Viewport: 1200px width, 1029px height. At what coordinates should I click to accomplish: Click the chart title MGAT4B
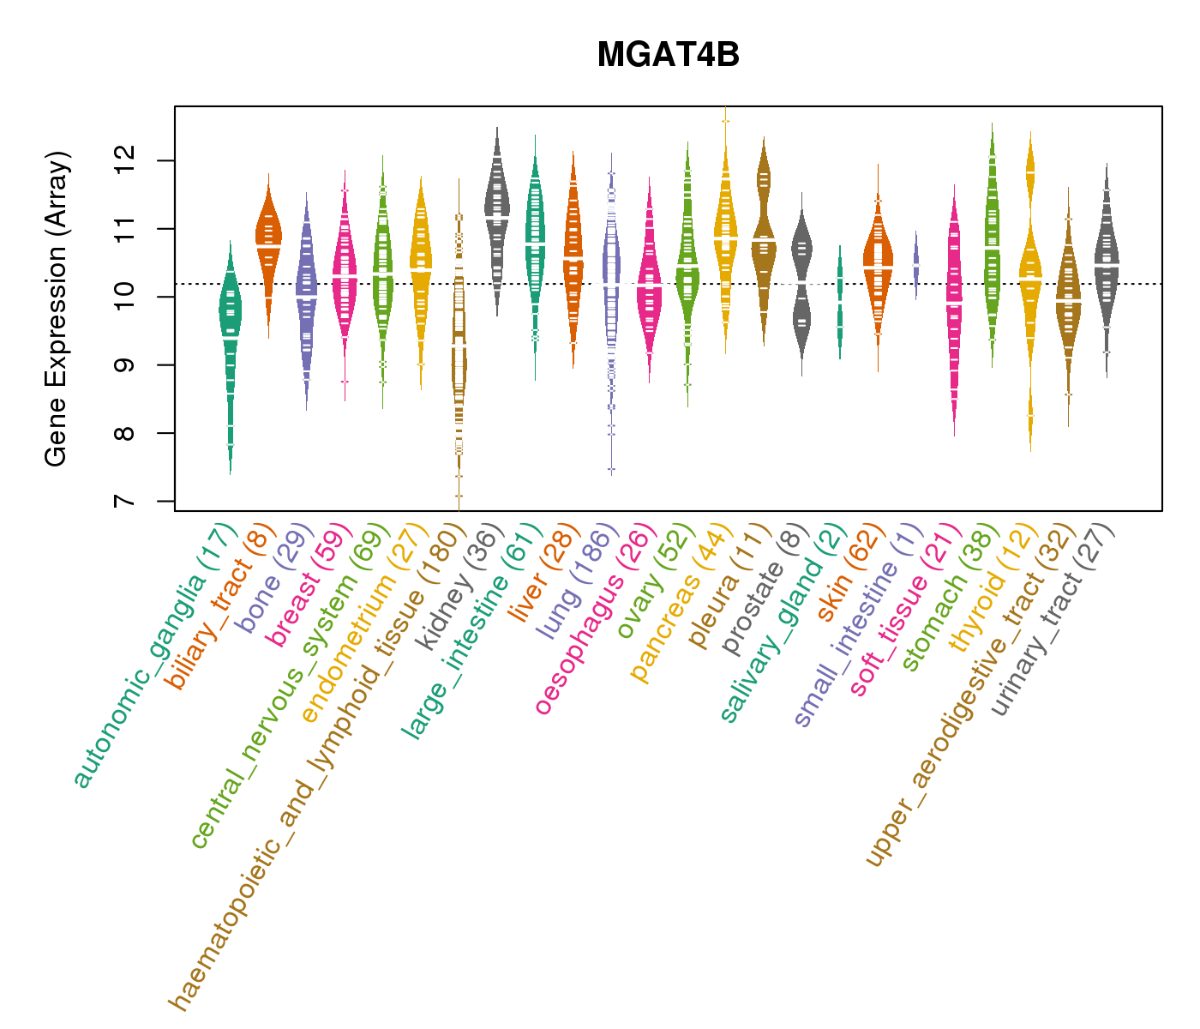coord(668,55)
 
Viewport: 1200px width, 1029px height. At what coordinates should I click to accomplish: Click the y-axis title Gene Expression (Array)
coord(57,310)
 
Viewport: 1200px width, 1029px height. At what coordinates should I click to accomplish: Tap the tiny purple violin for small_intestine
coord(916,262)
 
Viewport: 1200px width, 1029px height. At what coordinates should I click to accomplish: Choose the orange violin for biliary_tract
coord(268,240)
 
